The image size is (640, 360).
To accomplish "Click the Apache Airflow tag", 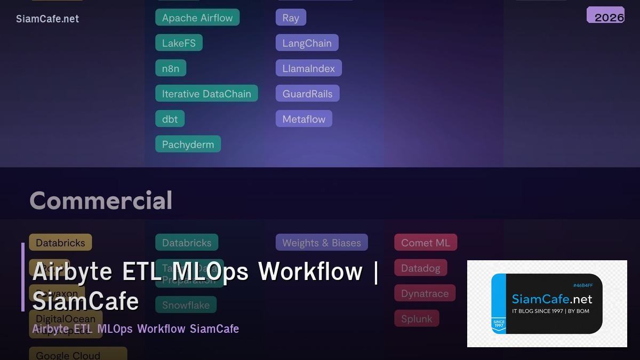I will (x=197, y=18).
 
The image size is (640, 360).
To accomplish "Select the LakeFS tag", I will (x=179, y=43).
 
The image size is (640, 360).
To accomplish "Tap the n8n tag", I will (x=171, y=68).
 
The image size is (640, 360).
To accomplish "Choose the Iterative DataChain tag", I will (x=206, y=94).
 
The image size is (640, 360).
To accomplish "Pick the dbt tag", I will (x=170, y=119).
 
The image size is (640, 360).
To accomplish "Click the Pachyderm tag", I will (x=188, y=145).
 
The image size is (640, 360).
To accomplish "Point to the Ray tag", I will (x=291, y=18).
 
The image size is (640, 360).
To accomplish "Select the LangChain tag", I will (x=307, y=43).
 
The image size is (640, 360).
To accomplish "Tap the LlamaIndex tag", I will (x=308, y=68).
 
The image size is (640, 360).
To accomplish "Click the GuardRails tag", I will (x=307, y=94).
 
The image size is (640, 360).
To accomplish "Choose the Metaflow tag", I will (x=303, y=119).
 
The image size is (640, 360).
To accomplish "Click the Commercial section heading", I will (x=101, y=201).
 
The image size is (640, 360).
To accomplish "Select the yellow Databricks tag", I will (x=60, y=243).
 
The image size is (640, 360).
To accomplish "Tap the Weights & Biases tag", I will (x=322, y=243).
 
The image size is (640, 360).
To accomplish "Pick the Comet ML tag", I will (x=426, y=243).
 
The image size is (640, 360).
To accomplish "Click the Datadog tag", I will (x=420, y=268).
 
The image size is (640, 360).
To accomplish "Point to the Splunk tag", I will (x=417, y=319).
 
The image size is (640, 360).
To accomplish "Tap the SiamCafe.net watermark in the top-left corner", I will (x=47, y=19).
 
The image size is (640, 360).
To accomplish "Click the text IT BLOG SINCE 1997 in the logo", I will (x=537, y=311).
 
